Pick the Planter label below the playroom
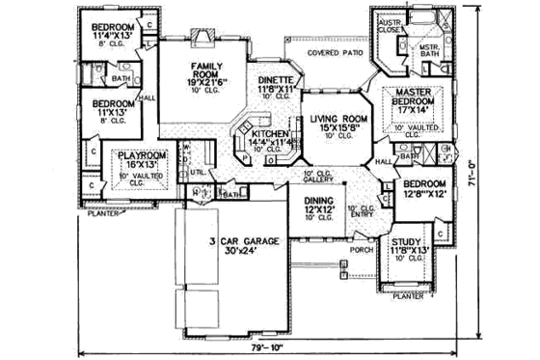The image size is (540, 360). pyautogui.click(x=102, y=214)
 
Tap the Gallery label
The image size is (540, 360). pyautogui.click(x=317, y=179)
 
